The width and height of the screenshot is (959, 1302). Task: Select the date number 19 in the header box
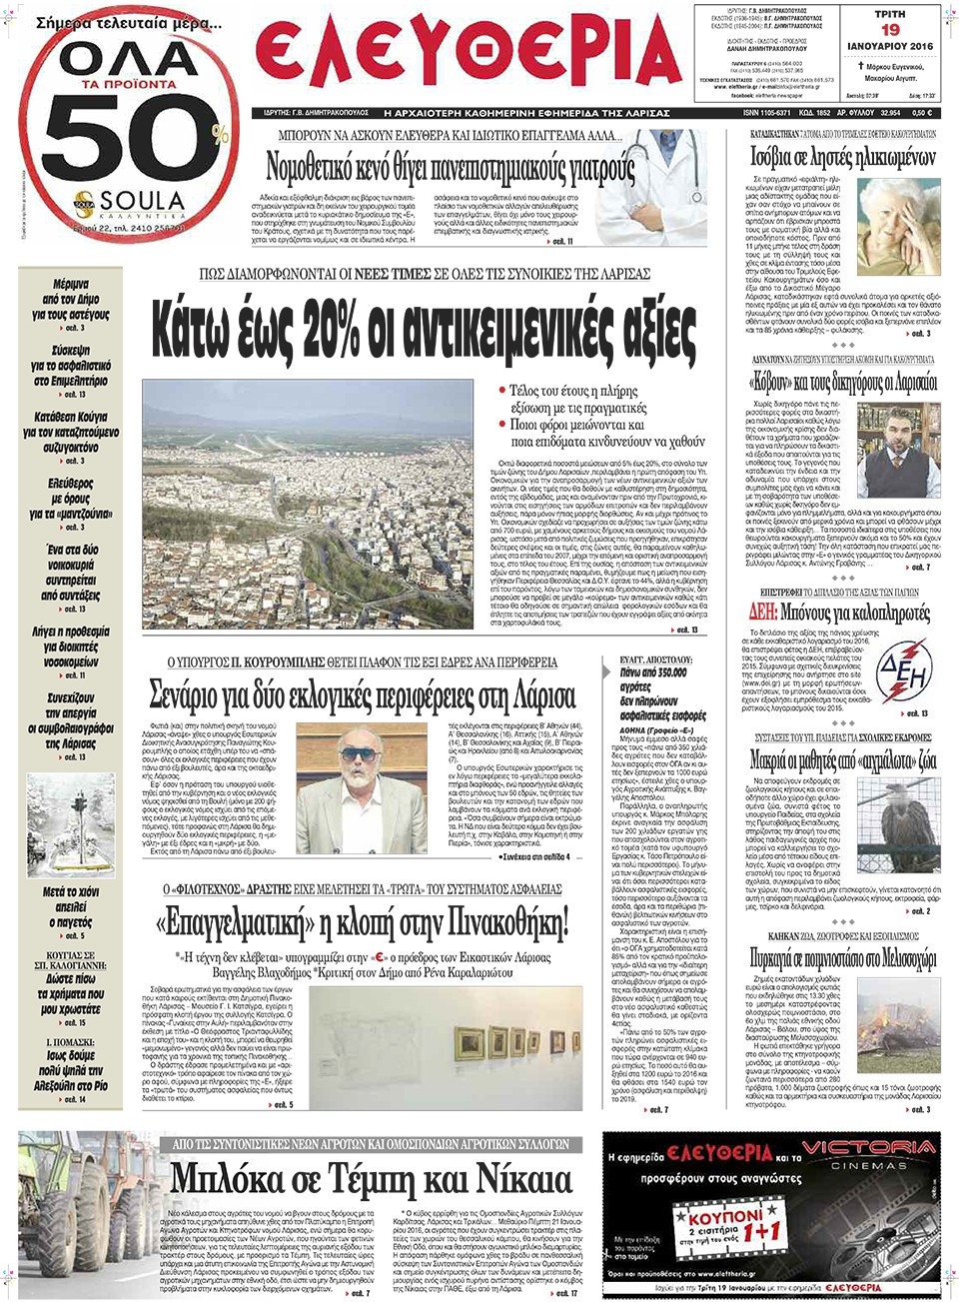(890, 30)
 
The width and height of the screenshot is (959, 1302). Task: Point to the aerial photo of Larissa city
(307, 504)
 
